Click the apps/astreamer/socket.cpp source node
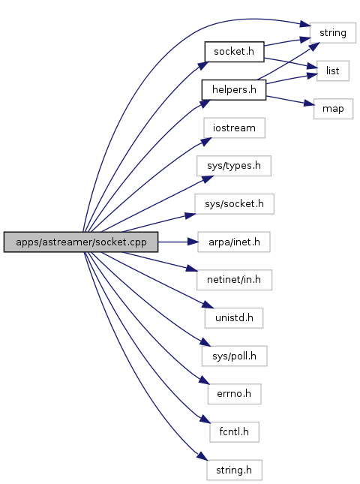[81, 242]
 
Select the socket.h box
[234, 52]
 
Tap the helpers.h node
[234, 90]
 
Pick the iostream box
[234, 128]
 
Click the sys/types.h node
[234, 166]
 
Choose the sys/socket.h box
[234, 203]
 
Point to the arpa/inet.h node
[234, 242]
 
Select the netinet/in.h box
[234, 280]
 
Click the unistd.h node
[234, 318]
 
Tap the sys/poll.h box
[234, 356]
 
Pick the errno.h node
[234, 394]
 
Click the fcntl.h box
[234, 431]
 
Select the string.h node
[234, 470]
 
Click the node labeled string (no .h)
[333, 33]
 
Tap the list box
[333, 71]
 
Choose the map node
[333, 109]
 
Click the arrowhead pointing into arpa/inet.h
[193, 242]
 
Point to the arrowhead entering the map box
[309, 104]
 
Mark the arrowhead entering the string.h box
[202, 456]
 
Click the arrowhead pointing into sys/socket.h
[190, 215]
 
